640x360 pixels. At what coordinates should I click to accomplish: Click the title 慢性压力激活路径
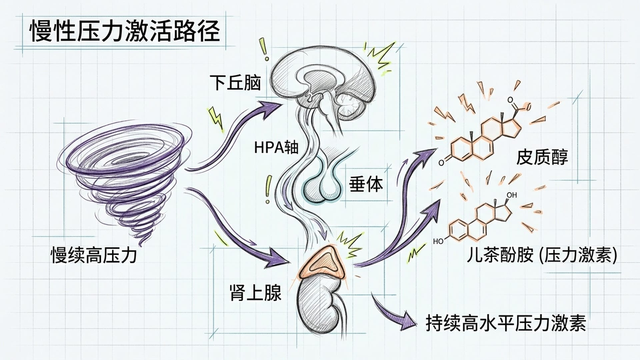[x=125, y=31]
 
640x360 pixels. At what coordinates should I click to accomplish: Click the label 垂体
[x=366, y=184]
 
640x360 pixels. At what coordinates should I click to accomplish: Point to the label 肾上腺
[x=256, y=292]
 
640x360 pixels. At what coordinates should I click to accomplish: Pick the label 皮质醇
[x=542, y=157]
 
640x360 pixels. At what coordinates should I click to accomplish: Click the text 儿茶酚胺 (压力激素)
[x=542, y=256]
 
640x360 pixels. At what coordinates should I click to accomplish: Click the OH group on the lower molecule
[x=511, y=195]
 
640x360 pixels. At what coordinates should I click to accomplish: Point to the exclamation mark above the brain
[x=265, y=50]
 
